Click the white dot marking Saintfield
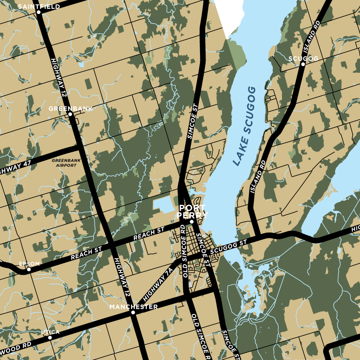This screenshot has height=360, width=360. [39, 12]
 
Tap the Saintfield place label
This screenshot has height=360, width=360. [39, 6]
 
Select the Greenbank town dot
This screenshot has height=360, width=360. [70, 114]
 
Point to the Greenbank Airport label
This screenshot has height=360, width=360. [64, 163]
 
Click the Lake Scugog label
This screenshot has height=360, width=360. [244, 126]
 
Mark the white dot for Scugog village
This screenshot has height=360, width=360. [303, 64]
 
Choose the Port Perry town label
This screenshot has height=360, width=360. [192, 212]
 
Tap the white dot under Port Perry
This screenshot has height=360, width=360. [192, 222]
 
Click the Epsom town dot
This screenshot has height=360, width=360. [29, 270]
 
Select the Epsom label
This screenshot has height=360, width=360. [30, 264]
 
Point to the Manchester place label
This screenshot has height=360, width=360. [134, 307]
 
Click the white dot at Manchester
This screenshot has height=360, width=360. [133, 312]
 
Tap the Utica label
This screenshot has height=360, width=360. [50, 332]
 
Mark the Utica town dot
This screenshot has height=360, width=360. [50, 338]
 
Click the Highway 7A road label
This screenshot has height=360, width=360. [158, 284]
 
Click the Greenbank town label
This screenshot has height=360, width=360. [70, 108]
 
